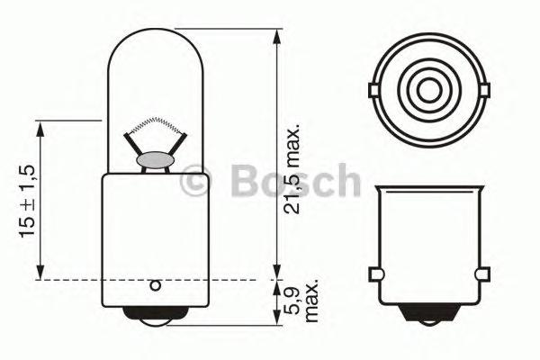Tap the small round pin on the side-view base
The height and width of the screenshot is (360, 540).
(x=155, y=286)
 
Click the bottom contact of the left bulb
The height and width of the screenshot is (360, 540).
(x=155, y=319)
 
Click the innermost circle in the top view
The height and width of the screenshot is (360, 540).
(x=427, y=90)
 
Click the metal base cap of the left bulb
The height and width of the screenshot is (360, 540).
(x=155, y=234)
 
